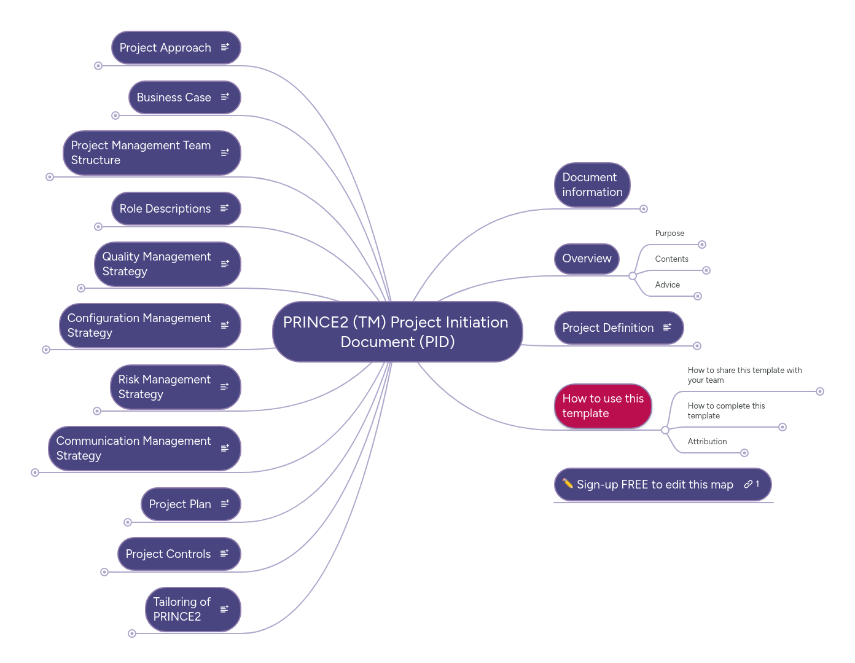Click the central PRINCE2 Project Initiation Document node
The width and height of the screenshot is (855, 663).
[x=397, y=332]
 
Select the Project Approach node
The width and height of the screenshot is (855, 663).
[x=165, y=48]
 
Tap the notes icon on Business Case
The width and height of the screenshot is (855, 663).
[x=225, y=97]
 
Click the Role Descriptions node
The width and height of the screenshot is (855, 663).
[x=165, y=209]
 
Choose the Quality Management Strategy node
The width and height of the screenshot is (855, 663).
[x=156, y=264]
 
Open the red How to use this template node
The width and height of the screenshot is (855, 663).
[x=603, y=406]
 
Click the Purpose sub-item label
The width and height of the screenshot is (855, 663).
[x=670, y=233]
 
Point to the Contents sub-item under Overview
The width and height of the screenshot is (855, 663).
[x=671, y=259]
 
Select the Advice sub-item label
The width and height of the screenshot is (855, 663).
[x=667, y=285]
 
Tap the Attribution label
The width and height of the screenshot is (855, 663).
[x=707, y=442]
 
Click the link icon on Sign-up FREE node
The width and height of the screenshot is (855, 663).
[x=748, y=484]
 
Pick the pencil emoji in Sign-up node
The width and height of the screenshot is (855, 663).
[x=568, y=484]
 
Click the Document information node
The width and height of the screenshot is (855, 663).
[x=591, y=185]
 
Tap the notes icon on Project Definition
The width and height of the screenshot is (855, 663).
[x=667, y=328]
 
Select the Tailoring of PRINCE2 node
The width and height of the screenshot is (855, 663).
[x=181, y=610]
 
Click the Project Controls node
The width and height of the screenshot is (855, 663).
[x=168, y=554]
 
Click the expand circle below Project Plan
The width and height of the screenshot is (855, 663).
[x=128, y=522]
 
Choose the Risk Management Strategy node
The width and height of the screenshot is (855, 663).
[x=164, y=387]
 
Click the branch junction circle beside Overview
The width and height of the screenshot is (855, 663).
[x=633, y=276]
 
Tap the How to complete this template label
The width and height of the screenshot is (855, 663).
[x=725, y=411]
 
